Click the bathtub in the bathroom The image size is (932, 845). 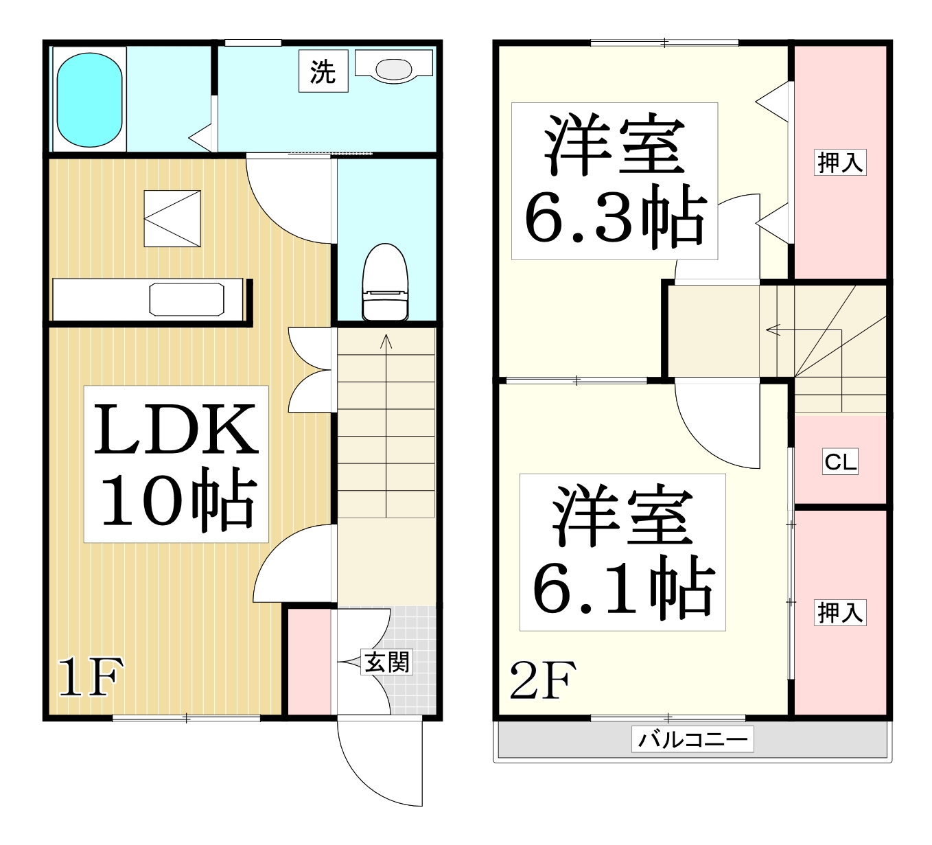[x=90, y=100]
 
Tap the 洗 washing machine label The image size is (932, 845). [x=323, y=71]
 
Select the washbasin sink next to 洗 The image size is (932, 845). [x=393, y=68]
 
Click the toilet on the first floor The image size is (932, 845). [x=385, y=283]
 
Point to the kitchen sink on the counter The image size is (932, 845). [x=187, y=300]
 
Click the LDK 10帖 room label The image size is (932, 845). [x=176, y=464]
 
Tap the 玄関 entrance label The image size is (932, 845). [x=386, y=662]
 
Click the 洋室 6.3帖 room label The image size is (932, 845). [x=614, y=181]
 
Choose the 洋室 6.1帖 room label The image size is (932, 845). [x=622, y=552]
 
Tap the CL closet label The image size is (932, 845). [x=840, y=461]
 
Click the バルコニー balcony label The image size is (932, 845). [x=692, y=739]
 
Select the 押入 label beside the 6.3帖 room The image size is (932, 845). [x=840, y=162]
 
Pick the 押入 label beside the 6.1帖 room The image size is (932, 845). [x=840, y=612]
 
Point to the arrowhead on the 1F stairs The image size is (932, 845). [x=386, y=340]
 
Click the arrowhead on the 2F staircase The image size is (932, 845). [x=772, y=330]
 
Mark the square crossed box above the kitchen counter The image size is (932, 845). [x=172, y=218]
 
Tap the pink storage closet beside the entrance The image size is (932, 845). [x=310, y=662]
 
